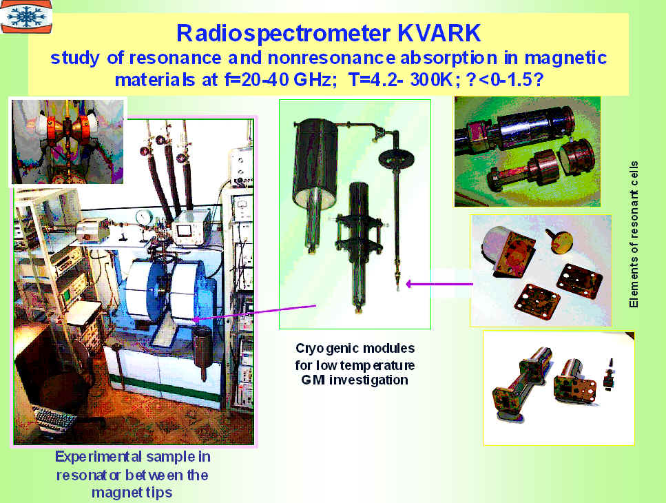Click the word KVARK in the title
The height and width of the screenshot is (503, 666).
coord(439,33)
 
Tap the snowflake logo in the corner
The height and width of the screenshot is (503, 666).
coord(26,16)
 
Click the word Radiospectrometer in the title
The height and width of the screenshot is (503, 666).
coord(283,34)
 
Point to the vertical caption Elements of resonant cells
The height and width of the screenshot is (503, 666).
coord(634,234)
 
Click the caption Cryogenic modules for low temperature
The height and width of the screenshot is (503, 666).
coord(355,357)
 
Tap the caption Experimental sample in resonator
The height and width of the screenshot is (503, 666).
coord(132,466)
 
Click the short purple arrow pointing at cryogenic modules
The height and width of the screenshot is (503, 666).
coord(439,284)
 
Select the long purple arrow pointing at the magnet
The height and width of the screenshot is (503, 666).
coord(254,313)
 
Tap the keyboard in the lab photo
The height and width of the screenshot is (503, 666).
coord(54,418)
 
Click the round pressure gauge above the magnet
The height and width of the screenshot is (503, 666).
coord(143,217)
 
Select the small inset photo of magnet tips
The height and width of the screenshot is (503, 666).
coord(67,142)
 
